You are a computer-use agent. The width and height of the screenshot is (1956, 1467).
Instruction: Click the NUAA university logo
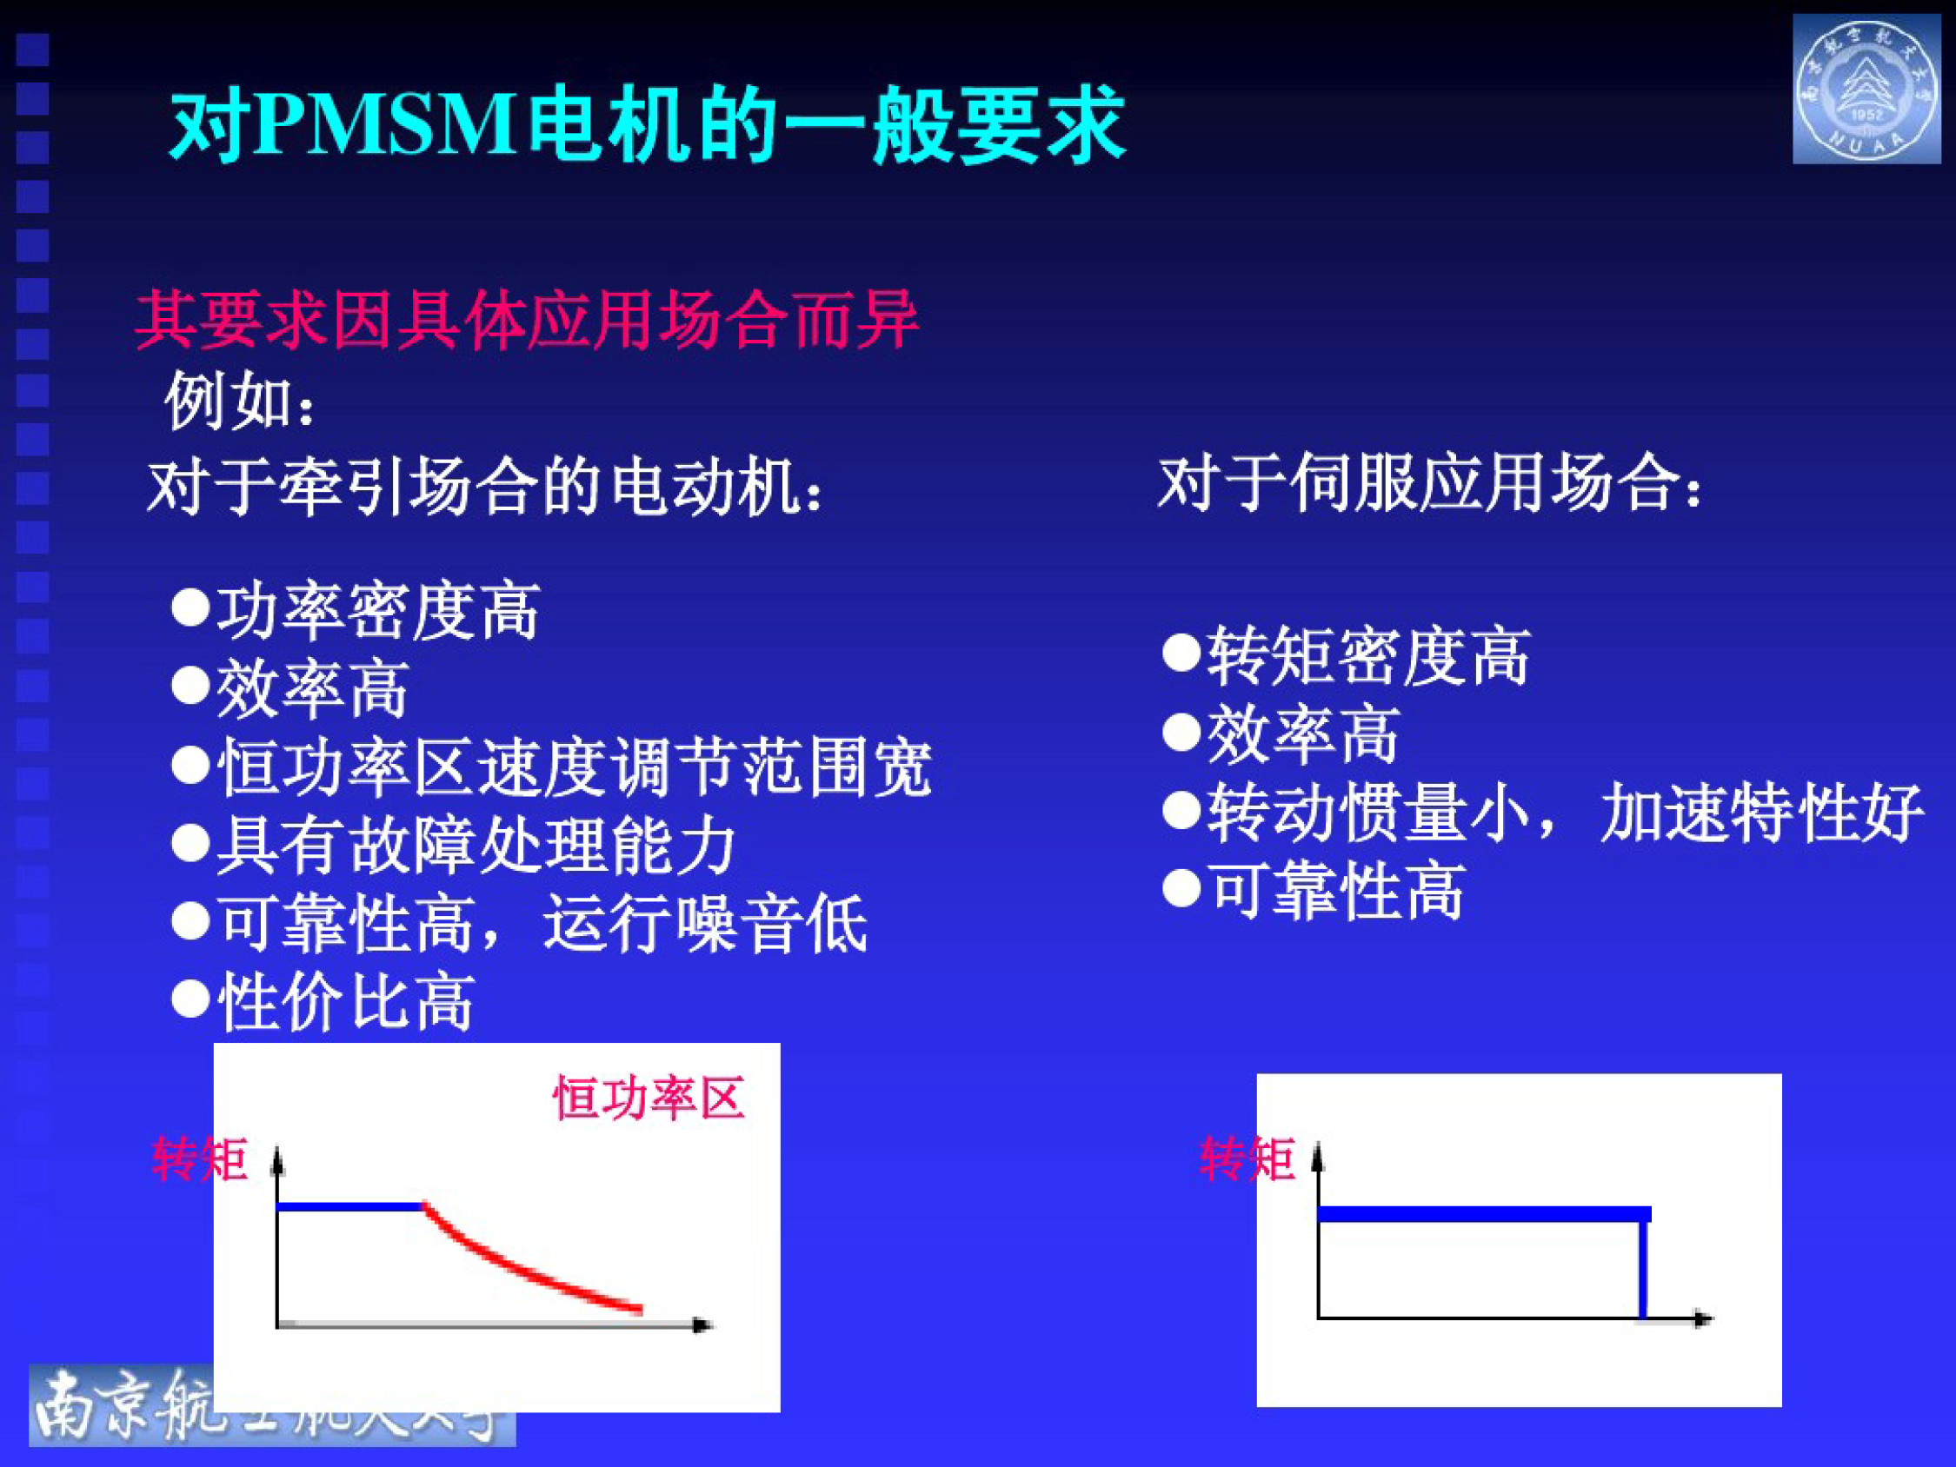click(x=1865, y=90)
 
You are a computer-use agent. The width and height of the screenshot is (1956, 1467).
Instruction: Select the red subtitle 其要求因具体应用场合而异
click(x=527, y=319)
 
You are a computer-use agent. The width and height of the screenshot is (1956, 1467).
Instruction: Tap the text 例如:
click(x=240, y=402)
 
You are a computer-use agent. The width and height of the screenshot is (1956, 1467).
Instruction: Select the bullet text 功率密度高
click(x=378, y=610)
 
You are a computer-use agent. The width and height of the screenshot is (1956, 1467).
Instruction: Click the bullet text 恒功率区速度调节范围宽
click(x=574, y=767)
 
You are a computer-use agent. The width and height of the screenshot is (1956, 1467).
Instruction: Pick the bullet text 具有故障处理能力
click(x=476, y=846)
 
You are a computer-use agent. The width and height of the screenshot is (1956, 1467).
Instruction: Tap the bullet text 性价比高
click(x=346, y=1002)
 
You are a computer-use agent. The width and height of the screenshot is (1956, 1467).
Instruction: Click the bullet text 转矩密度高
click(x=1369, y=656)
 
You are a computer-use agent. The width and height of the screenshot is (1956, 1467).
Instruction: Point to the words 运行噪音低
click(x=705, y=924)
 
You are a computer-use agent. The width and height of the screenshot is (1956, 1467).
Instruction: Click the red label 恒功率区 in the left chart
click(x=649, y=1099)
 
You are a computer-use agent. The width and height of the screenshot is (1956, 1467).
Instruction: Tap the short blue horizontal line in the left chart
click(x=350, y=1206)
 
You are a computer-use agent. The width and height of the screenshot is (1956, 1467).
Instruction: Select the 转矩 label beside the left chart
click(x=200, y=1159)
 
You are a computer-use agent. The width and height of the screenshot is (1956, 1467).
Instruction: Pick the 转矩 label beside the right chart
click(x=1247, y=1159)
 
